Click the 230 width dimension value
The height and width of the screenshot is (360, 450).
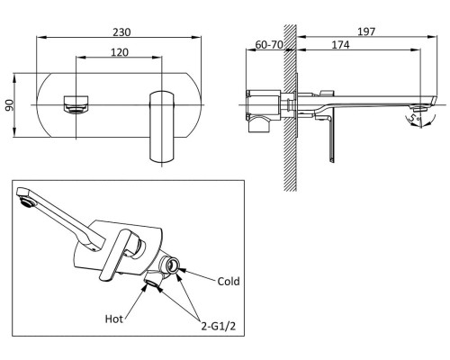pyautogui.click(x=121, y=32)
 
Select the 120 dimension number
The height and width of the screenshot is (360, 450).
pyautogui.click(x=120, y=52)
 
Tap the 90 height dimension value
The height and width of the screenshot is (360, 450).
pyautogui.click(x=10, y=105)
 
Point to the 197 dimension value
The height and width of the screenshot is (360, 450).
pyautogui.click(x=366, y=31)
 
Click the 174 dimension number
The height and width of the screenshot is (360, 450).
pyautogui.click(x=340, y=45)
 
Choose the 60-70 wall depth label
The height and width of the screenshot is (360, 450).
pyautogui.click(x=269, y=45)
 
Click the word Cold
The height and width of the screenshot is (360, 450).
pyautogui.click(x=229, y=282)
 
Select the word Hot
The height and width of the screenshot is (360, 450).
pyautogui.click(x=114, y=319)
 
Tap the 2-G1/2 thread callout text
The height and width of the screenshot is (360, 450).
pyautogui.click(x=219, y=326)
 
